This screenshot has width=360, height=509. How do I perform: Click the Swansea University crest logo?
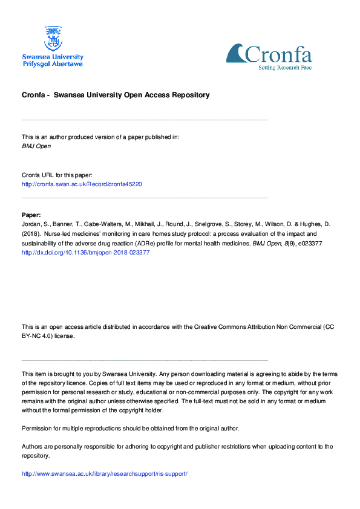tap(53, 38)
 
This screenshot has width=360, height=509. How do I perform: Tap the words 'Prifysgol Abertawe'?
tap(53, 63)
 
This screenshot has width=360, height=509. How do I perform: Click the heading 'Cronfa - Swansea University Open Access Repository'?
tap(116, 95)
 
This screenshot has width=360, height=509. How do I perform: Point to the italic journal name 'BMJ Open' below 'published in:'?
tap(36, 146)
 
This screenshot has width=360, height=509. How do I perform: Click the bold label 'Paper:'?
tap(31, 215)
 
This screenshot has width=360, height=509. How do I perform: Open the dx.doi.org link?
tap(85, 253)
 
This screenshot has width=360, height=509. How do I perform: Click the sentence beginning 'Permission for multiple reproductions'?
tap(130, 428)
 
